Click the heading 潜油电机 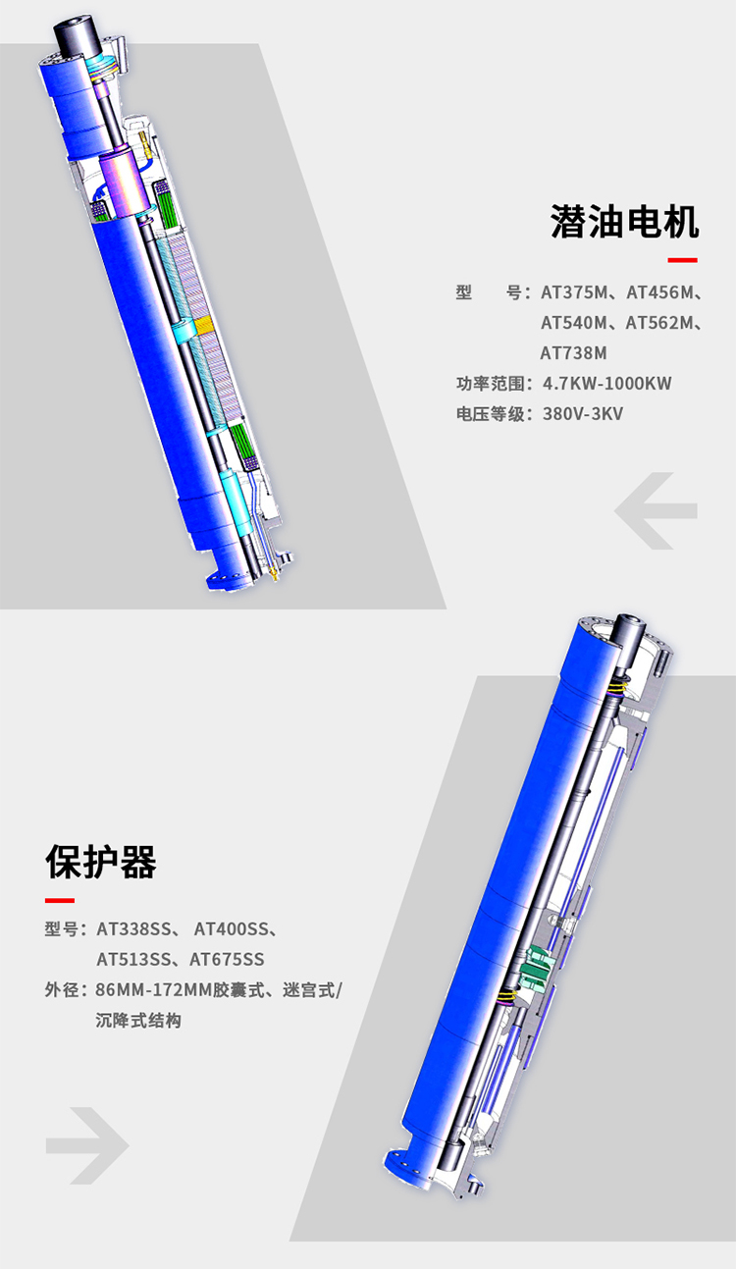624,222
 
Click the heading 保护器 101,862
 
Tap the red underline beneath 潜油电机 682,260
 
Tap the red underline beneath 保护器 60,900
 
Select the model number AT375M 574,292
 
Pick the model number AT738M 573,353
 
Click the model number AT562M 658,322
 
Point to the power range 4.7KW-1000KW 606,384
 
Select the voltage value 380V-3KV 583,413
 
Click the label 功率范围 491,384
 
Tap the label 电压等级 491,413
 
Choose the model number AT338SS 133,929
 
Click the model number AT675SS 227,959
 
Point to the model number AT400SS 232,929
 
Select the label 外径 62,989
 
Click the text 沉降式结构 138,1021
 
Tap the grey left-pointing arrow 656,510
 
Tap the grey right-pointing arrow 87,1145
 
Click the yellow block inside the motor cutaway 203,325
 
